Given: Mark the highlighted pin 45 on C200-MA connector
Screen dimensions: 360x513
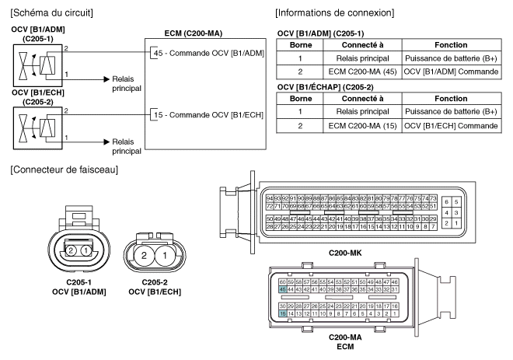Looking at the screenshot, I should (x=282, y=289).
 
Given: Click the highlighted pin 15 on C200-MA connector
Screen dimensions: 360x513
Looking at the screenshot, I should (x=282, y=313).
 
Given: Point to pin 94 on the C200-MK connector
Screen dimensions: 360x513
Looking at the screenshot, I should (x=270, y=200).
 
